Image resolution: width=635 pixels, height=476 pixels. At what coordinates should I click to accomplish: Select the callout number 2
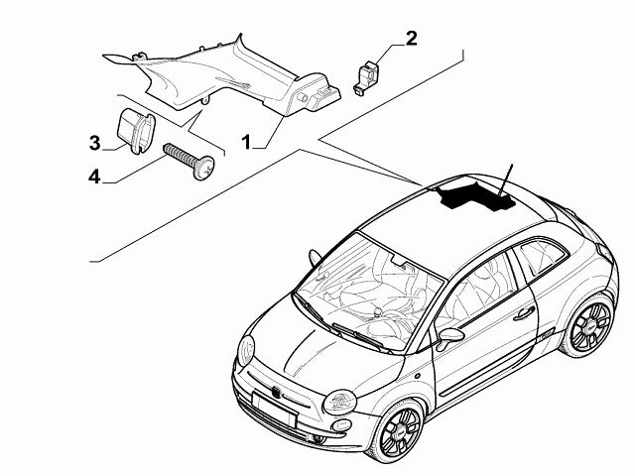[x=410, y=39]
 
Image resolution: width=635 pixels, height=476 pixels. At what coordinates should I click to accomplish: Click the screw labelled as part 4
[x=188, y=161]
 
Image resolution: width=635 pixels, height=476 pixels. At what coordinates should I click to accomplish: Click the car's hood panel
[x=317, y=347]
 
